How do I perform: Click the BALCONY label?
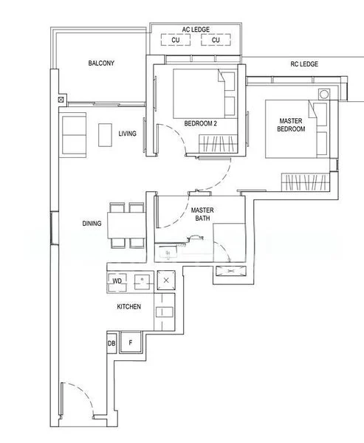tap(101, 64)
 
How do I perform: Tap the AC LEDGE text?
tap(196, 30)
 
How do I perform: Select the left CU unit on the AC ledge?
tap(176, 41)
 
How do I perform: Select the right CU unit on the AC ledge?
tap(216, 41)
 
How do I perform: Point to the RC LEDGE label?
tap(303, 64)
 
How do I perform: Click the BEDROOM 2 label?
tap(199, 123)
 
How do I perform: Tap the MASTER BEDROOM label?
tap(292, 125)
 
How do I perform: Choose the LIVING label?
tap(128, 134)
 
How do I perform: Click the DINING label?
tap(92, 222)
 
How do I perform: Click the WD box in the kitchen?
tap(117, 281)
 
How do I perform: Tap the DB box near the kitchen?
tap(111, 343)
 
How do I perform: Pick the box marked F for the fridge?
tap(131, 343)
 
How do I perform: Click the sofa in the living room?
tap(74, 135)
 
